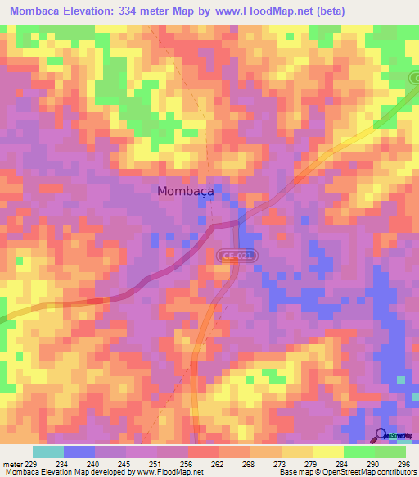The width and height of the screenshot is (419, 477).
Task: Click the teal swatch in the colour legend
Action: click(x=47, y=452)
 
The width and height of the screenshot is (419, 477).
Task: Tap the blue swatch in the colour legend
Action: click(x=79, y=452)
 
